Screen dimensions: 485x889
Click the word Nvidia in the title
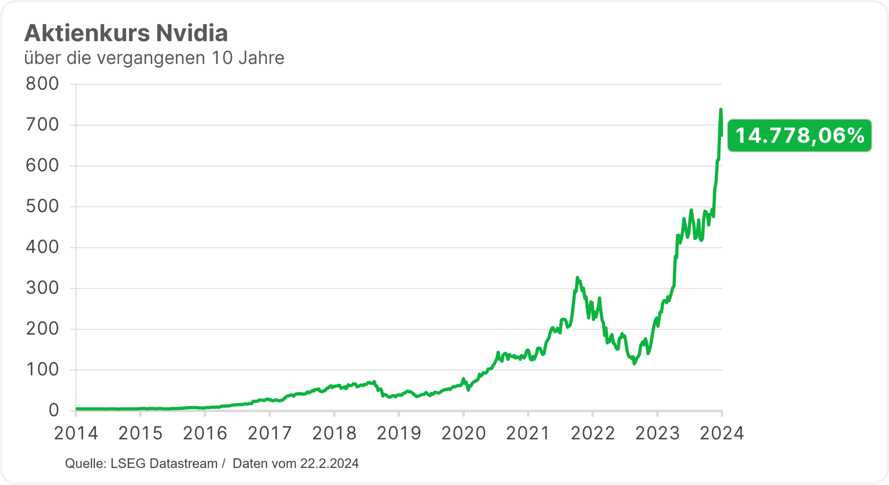coord(192,33)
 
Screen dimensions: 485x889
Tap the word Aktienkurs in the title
coord(87,33)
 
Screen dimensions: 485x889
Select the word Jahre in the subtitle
coord(261,58)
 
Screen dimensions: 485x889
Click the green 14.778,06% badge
coord(799,136)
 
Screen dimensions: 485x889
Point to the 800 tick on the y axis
coord(42,84)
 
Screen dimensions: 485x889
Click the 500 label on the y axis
coord(42,207)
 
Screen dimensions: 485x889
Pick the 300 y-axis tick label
coord(42,288)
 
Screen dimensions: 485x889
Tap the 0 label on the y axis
coord(54,411)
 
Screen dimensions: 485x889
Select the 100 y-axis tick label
coord(42,370)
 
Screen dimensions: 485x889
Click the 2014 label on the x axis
coord(76,434)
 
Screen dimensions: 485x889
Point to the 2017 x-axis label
coord(269,434)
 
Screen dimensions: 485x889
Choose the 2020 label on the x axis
coord(463,434)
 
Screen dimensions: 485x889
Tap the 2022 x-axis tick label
coord(592,434)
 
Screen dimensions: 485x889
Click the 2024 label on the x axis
coord(722,434)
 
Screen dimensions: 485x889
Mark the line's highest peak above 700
coord(721,110)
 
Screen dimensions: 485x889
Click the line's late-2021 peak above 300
coord(577,277)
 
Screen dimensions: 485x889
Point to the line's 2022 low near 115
coord(634,364)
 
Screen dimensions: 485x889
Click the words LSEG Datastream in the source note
coord(164,464)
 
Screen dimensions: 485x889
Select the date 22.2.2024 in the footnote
coord(329,464)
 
